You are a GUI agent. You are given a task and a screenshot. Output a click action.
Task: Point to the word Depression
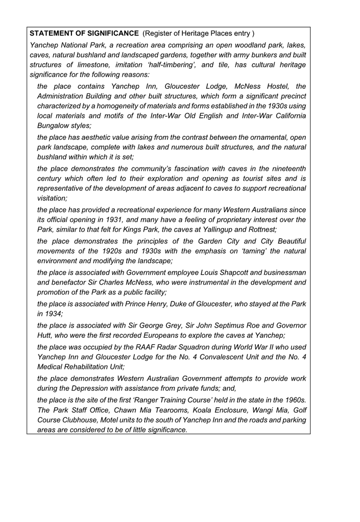89,389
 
